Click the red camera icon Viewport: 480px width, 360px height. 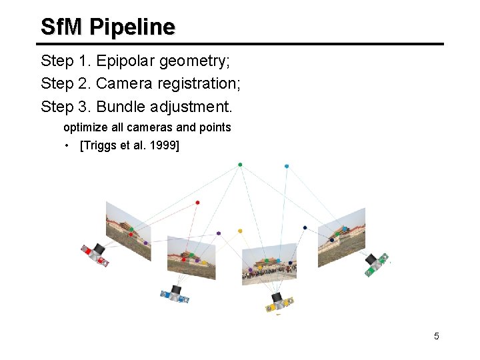pos(95,254)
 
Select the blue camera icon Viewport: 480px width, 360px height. pos(175,294)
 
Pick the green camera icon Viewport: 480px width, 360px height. pos(375,263)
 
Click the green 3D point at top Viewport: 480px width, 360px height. pos(240,165)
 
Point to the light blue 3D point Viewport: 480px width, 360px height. pos(287,166)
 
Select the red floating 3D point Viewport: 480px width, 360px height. pos(197,202)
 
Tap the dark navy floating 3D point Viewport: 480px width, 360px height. pos(305,228)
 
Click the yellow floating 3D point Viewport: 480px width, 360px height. pos(240,231)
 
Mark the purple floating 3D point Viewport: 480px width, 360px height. pos(219,233)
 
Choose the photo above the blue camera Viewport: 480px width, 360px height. pos(191,257)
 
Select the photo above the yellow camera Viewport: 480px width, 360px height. pos(269,263)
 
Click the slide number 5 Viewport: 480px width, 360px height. pos(437,336)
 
